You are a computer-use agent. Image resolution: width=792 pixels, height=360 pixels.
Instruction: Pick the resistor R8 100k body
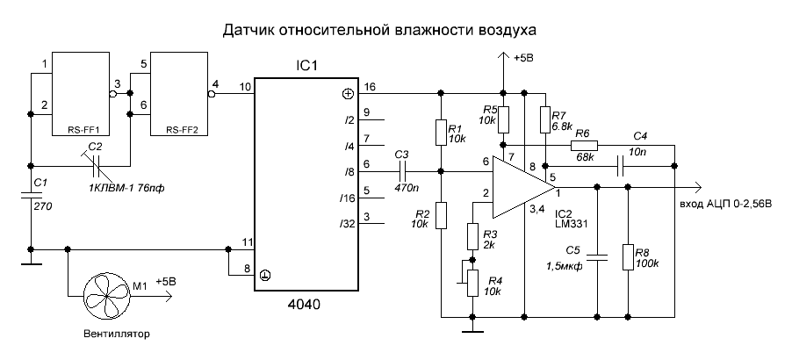click(x=630, y=257)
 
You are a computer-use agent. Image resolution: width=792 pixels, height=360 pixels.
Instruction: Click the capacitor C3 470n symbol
click(x=403, y=171)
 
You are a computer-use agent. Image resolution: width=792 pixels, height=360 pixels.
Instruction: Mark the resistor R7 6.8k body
click(x=544, y=117)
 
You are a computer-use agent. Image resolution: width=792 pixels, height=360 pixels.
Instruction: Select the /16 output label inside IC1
click(x=348, y=198)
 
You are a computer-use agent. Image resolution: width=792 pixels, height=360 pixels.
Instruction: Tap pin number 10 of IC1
click(x=245, y=86)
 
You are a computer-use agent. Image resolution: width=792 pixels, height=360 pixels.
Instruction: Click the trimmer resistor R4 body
click(x=472, y=280)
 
